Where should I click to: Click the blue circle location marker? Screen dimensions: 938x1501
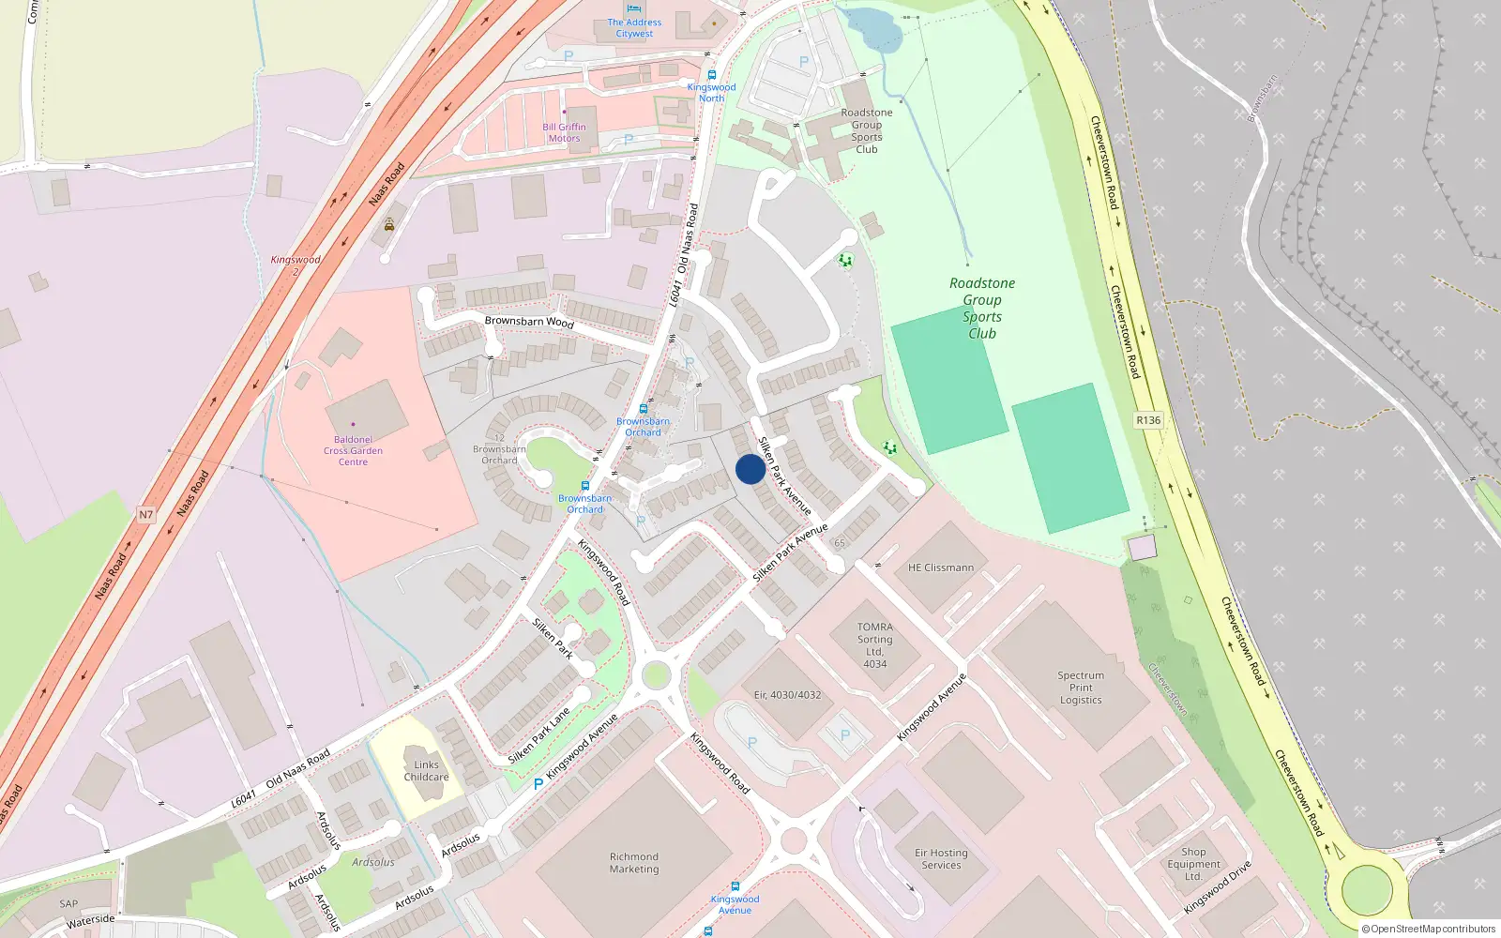click(750, 469)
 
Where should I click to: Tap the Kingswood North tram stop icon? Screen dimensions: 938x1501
click(711, 75)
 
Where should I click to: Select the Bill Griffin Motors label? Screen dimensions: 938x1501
click(564, 132)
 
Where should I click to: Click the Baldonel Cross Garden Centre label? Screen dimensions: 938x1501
click(353, 450)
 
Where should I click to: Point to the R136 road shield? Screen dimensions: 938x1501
click(1148, 420)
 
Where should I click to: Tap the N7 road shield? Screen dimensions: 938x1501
click(145, 514)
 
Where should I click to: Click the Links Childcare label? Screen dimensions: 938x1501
click(426, 771)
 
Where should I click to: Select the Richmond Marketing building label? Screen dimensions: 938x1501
click(634, 863)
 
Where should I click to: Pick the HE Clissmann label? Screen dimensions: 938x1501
click(940, 567)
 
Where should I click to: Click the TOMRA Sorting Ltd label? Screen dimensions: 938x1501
click(874, 644)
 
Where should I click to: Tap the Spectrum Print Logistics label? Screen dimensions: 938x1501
click(1081, 688)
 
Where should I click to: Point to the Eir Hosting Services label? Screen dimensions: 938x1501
click(941, 859)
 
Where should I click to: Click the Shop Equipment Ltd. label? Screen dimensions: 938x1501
click(1193, 864)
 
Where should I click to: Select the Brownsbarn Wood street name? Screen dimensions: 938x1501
click(529, 322)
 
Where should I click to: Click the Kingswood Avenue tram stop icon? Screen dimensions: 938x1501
click(735, 885)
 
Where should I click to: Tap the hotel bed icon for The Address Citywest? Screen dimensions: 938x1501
click(634, 9)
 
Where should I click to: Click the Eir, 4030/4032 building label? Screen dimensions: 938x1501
click(787, 695)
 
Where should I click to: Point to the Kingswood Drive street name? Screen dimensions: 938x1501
click(1217, 887)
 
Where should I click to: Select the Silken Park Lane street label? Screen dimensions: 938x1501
click(538, 736)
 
